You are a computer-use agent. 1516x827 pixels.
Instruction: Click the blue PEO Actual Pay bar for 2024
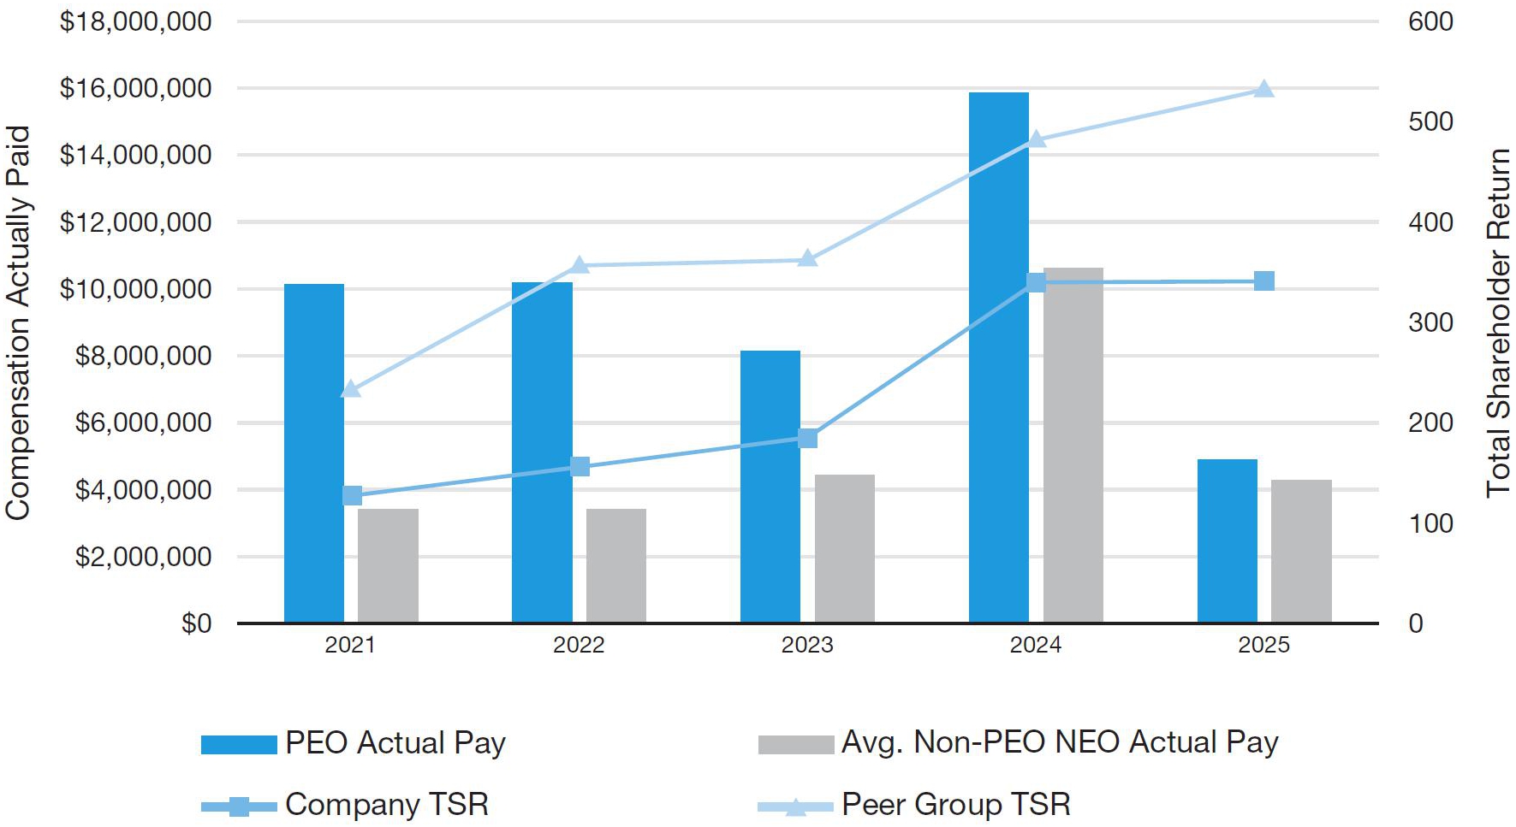(x=998, y=357)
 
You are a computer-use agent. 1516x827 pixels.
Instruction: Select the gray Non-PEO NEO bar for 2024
(x=1073, y=446)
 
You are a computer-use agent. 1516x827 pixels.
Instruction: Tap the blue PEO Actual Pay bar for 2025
(x=1227, y=541)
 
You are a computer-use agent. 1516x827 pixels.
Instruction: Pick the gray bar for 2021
(x=388, y=566)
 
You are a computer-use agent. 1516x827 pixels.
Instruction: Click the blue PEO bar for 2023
(x=770, y=487)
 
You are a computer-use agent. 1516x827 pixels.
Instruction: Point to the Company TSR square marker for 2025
(x=1264, y=281)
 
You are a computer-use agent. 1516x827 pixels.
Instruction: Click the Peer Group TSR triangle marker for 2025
(x=1264, y=89)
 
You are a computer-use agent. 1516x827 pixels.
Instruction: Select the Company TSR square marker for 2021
(x=352, y=496)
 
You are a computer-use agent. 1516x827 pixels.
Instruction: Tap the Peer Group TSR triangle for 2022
(x=580, y=264)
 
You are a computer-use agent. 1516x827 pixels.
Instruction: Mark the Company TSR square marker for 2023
(x=807, y=439)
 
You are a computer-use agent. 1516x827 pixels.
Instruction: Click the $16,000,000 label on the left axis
(x=135, y=88)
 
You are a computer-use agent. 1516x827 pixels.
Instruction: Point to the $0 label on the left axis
(x=196, y=623)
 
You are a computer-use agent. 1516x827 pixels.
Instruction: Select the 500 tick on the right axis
(x=1430, y=121)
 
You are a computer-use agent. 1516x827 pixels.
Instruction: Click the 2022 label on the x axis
(x=579, y=645)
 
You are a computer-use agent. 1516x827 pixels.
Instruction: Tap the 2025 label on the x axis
(x=1263, y=645)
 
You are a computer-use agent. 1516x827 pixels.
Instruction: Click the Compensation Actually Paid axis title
(x=18, y=322)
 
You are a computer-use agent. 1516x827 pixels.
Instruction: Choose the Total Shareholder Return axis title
(x=1498, y=322)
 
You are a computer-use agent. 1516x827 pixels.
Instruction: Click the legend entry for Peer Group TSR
(x=914, y=805)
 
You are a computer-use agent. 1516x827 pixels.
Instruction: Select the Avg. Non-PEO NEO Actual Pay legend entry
(x=1019, y=742)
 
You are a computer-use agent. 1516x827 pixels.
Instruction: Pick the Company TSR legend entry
(x=345, y=805)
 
